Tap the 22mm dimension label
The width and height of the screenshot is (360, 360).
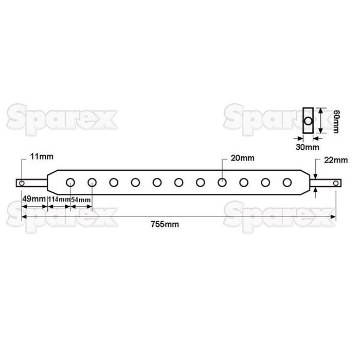pyautogui.click(x=337, y=160)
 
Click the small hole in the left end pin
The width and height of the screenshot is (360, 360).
pyautogui.click(x=22, y=182)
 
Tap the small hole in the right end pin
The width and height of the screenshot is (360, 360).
pyautogui.click(x=335, y=182)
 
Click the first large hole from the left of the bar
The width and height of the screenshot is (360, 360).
pyautogui.click(x=70, y=182)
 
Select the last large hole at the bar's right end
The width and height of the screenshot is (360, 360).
pyautogui.click(x=287, y=182)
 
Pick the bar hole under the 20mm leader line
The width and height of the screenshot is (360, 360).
pyautogui.click(x=222, y=182)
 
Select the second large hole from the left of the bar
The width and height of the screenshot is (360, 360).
pyautogui.click(x=92, y=182)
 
